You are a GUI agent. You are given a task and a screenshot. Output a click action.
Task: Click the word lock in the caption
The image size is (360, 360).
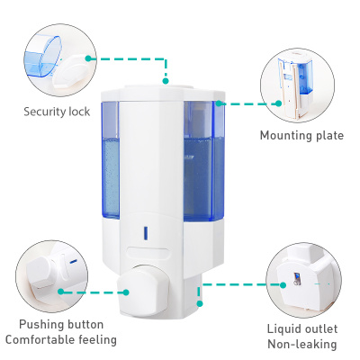pos(79,112)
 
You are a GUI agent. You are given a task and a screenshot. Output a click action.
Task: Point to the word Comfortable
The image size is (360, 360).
pos(40,340)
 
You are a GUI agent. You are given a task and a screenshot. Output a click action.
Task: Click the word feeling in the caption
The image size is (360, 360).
pos(98,340)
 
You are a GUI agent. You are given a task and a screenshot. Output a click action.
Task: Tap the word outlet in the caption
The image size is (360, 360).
pos(319,328)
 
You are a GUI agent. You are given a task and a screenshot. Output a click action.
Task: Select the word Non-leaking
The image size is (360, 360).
pos(302,345)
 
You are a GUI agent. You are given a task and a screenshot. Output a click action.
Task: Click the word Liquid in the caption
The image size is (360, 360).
pos(283,329)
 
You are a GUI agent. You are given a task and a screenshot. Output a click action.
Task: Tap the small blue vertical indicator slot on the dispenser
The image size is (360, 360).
pos(146,233)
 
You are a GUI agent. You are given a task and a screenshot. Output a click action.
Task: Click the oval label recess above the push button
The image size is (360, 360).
pos(148,253)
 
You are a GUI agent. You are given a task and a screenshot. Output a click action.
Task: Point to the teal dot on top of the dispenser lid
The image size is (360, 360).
pos(166,81)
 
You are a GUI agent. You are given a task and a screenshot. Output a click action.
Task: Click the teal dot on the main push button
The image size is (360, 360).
pos(126,292)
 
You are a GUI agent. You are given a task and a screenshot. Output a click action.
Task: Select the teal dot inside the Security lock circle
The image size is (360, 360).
pos(88,58)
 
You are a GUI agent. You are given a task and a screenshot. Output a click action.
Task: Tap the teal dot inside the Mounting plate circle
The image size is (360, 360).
pos(278,103)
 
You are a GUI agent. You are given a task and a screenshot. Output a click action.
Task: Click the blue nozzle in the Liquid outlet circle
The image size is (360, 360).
pos(297,278)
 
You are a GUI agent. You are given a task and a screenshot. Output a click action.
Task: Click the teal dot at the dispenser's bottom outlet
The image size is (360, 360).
pos(200,304)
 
